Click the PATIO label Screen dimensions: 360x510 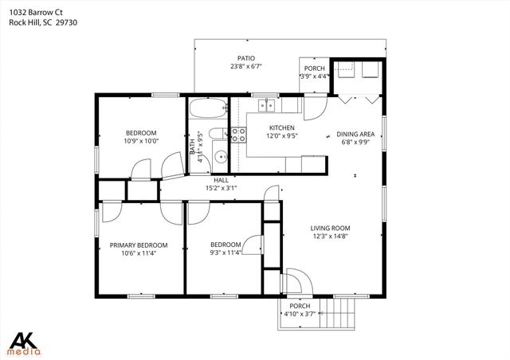tap(245, 58)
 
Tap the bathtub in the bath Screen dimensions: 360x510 tap(208, 108)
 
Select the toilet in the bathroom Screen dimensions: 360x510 tap(216, 134)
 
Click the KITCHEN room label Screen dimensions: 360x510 tap(281, 127)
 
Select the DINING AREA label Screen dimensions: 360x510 tap(355, 134)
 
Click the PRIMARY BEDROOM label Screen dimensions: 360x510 tap(139, 245)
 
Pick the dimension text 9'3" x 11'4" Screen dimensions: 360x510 tap(226, 253)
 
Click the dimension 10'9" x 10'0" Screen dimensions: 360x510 tap(141, 141)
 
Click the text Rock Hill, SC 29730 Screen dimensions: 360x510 tap(49, 23)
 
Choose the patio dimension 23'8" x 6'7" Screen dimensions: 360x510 tap(245, 67)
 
